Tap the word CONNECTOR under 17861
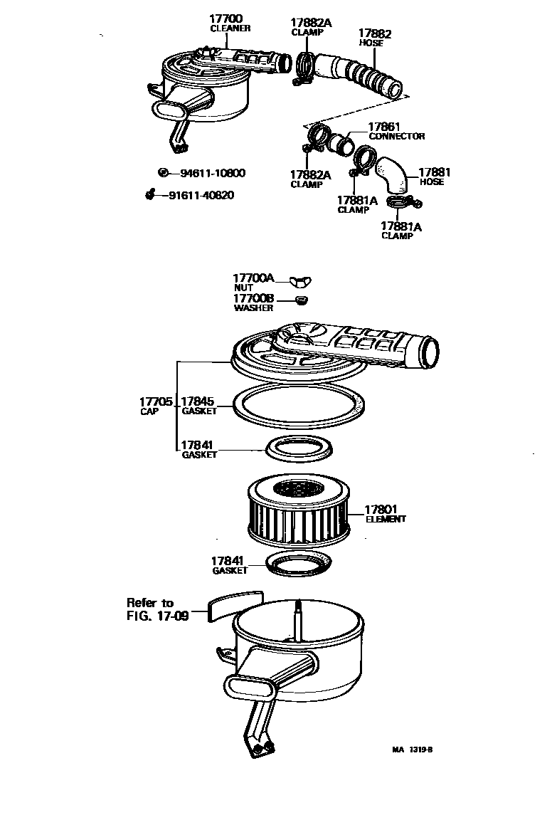396,136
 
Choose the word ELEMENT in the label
386,519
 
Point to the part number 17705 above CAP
156,402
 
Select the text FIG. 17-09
157,616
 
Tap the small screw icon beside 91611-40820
150,194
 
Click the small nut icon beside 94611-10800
164,173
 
